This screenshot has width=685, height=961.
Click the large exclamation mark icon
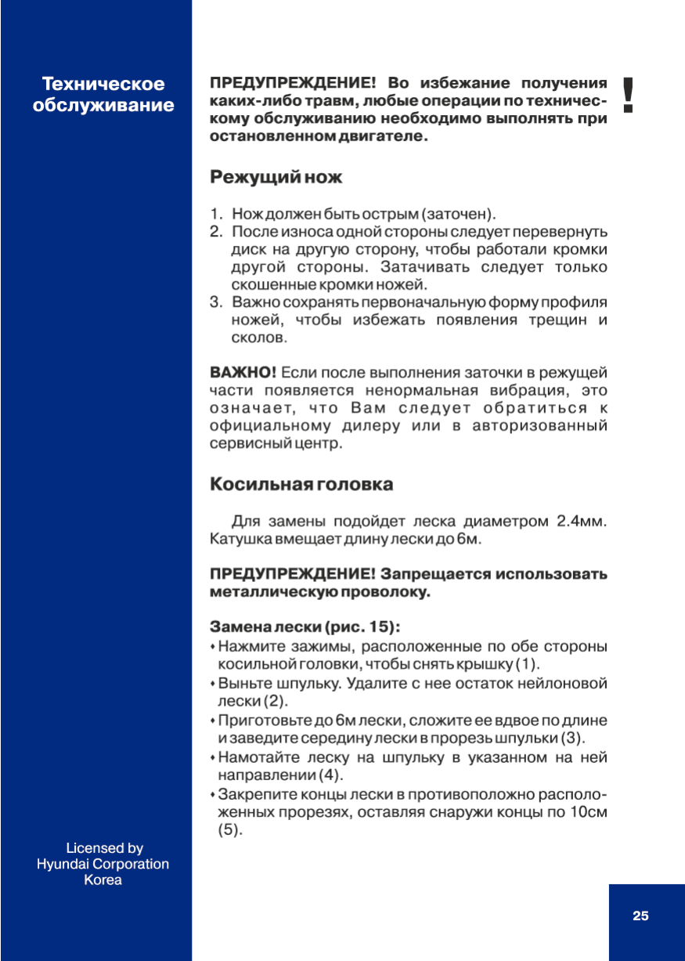point(627,95)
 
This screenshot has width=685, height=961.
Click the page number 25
point(640,916)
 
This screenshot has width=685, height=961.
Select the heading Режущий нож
point(276,178)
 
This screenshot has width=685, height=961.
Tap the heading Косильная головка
point(301,484)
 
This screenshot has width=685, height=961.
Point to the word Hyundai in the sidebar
point(63,864)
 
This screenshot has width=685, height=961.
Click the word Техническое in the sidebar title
point(103,84)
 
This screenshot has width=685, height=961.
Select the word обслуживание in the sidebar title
point(103,105)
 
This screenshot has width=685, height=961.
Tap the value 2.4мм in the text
point(581,522)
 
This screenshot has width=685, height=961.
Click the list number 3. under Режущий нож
point(216,302)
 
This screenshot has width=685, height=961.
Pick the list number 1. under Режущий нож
point(216,214)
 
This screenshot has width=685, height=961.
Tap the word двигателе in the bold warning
point(377,136)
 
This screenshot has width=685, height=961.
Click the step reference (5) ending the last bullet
point(229,831)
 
